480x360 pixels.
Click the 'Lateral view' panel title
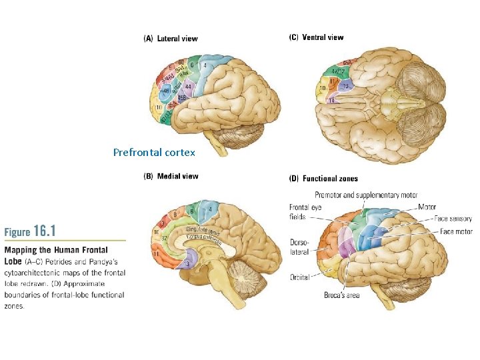(x=171, y=39)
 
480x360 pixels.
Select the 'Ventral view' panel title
(x=316, y=37)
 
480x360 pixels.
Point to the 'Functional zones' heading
(x=323, y=179)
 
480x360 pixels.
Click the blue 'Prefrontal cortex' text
(x=154, y=153)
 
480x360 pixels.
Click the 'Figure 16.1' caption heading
(x=31, y=231)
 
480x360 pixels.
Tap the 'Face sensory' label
(x=453, y=219)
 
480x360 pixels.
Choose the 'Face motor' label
(x=455, y=231)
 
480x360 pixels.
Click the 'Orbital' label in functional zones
(x=299, y=277)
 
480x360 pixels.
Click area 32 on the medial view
(x=164, y=237)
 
